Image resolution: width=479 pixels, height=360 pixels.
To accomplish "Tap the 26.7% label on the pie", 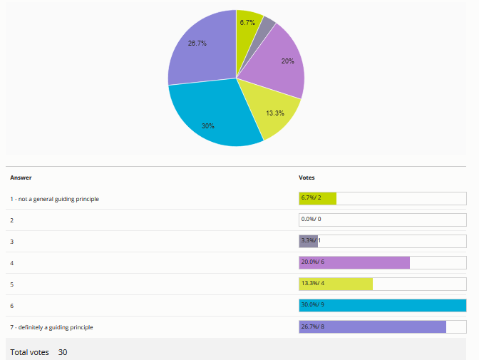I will pyautogui.click(x=197, y=43).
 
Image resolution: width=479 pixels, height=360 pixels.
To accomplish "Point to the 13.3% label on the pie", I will pyautogui.click(x=275, y=113).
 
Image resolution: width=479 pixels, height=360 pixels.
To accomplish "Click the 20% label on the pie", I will pyautogui.click(x=287, y=61).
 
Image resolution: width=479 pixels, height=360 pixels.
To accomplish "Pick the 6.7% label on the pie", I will pyautogui.click(x=248, y=23).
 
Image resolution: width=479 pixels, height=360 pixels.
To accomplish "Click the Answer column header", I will pyautogui.click(x=21, y=178).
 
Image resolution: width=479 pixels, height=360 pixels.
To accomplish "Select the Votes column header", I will pyautogui.click(x=307, y=178).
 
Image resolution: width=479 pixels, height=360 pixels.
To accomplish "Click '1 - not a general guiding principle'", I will pyautogui.click(x=55, y=199).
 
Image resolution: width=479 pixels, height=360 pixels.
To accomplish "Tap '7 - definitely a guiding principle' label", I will pyautogui.click(x=52, y=327).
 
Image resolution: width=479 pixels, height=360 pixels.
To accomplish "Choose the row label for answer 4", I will pyautogui.click(x=12, y=263).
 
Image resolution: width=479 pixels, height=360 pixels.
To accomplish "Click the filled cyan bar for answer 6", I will pyautogui.click(x=382, y=306).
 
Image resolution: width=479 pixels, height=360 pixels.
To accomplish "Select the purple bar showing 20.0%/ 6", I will pyautogui.click(x=354, y=263).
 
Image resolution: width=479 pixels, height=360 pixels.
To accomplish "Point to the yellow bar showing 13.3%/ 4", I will pyautogui.click(x=336, y=284).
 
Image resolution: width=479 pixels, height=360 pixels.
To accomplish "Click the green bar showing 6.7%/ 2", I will pyautogui.click(x=317, y=199).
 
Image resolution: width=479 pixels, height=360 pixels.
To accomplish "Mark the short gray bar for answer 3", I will pyautogui.click(x=308, y=242).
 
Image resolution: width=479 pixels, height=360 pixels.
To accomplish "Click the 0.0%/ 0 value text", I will pyautogui.click(x=311, y=220).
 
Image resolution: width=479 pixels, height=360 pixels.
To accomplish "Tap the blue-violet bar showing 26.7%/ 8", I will pyautogui.click(x=372, y=327).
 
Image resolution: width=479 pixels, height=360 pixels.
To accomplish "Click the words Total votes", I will pyautogui.click(x=29, y=352).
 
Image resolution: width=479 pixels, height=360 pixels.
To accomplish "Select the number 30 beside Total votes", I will pyautogui.click(x=63, y=352).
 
